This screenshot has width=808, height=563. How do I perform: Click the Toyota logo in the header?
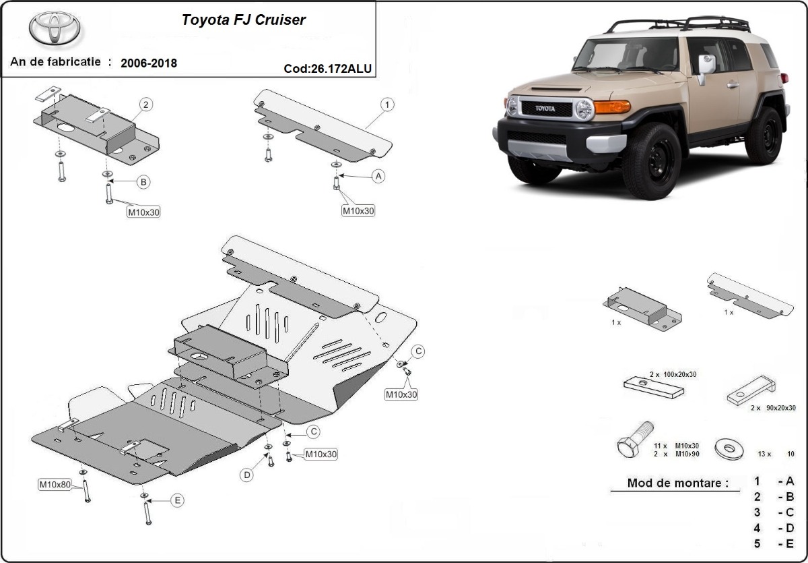point(55,29)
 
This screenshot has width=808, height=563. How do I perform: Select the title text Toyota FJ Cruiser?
point(243,20)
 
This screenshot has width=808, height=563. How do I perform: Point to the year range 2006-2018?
point(149,63)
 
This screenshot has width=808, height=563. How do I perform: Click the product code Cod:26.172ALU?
point(327,68)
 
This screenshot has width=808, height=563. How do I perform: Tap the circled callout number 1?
point(387,105)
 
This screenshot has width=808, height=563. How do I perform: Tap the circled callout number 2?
point(146,105)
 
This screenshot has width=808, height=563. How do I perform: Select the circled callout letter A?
point(378,176)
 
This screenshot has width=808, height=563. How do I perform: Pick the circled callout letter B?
point(143,181)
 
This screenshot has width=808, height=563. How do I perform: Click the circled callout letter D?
point(247,475)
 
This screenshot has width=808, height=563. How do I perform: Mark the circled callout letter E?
point(176,500)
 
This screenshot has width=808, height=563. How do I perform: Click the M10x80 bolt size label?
point(55,484)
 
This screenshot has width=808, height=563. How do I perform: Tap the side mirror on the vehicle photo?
point(706,65)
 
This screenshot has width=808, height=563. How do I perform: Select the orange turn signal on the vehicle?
point(612,107)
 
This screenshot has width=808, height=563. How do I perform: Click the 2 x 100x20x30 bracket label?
point(673,374)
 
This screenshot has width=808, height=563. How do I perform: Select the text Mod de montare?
point(677,483)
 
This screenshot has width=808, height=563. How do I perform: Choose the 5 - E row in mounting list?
point(774,544)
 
